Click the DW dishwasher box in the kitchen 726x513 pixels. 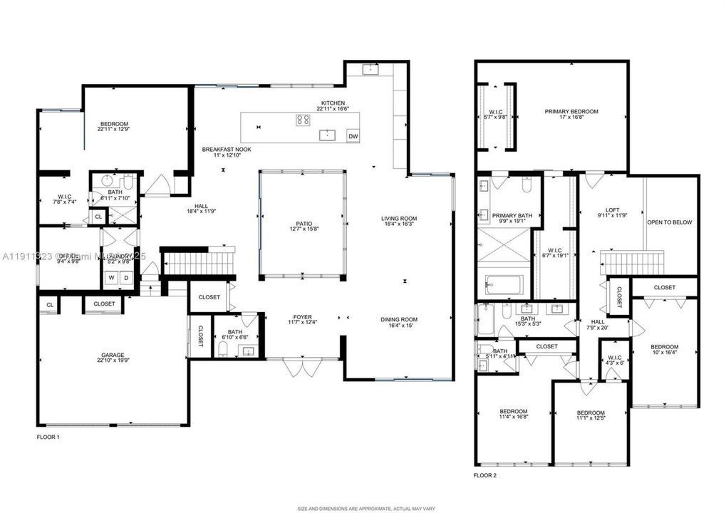(x=353, y=136)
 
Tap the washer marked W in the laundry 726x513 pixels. (x=111, y=279)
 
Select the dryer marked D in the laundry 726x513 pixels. (x=125, y=279)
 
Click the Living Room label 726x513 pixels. (x=398, y=219)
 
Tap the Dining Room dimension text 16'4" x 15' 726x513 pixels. (x=398, y=326)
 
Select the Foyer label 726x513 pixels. (x=303, y=318)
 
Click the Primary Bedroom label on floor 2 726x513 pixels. (x=571, y=112)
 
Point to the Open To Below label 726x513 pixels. (x=669, y=222)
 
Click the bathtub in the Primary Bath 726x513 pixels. (x=504, y=284)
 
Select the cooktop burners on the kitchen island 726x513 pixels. (x=303, y=120)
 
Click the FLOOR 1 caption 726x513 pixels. (x=48, y=436)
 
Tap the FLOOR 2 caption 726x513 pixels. (x=485, y=475)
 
